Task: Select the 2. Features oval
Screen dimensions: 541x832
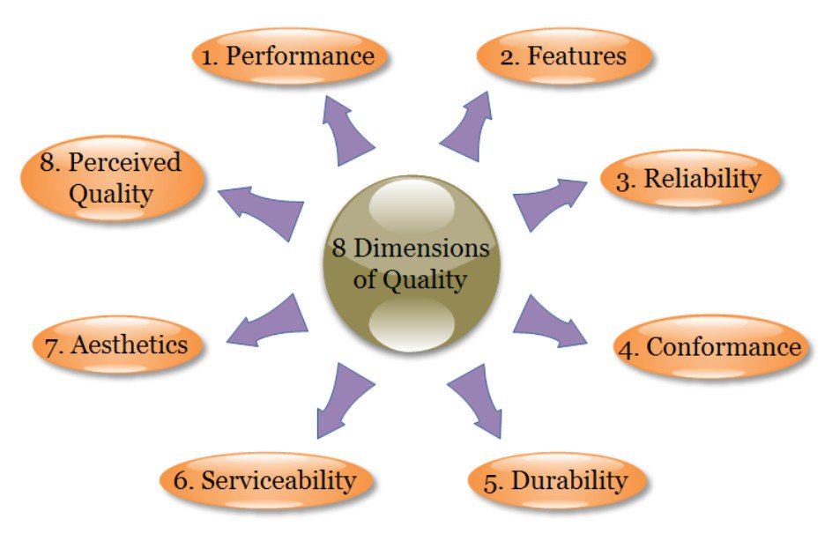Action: [x=564, y=56]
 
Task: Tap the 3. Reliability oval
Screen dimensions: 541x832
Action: [x=690, y=179]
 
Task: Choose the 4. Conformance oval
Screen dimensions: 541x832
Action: [x=710, y=347]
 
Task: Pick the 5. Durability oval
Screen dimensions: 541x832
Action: [x=556, y=481]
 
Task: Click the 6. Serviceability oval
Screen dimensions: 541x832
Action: [x=266, y=481]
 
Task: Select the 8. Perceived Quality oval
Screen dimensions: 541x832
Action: [x=112, y=177]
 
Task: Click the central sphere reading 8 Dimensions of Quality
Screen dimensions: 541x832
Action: [x=411, y=264]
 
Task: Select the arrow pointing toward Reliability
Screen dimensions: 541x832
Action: [x=546, y=200]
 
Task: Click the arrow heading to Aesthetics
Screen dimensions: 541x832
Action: [x=269, y=321]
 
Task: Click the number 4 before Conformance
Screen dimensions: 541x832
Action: [x=627, y=348]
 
